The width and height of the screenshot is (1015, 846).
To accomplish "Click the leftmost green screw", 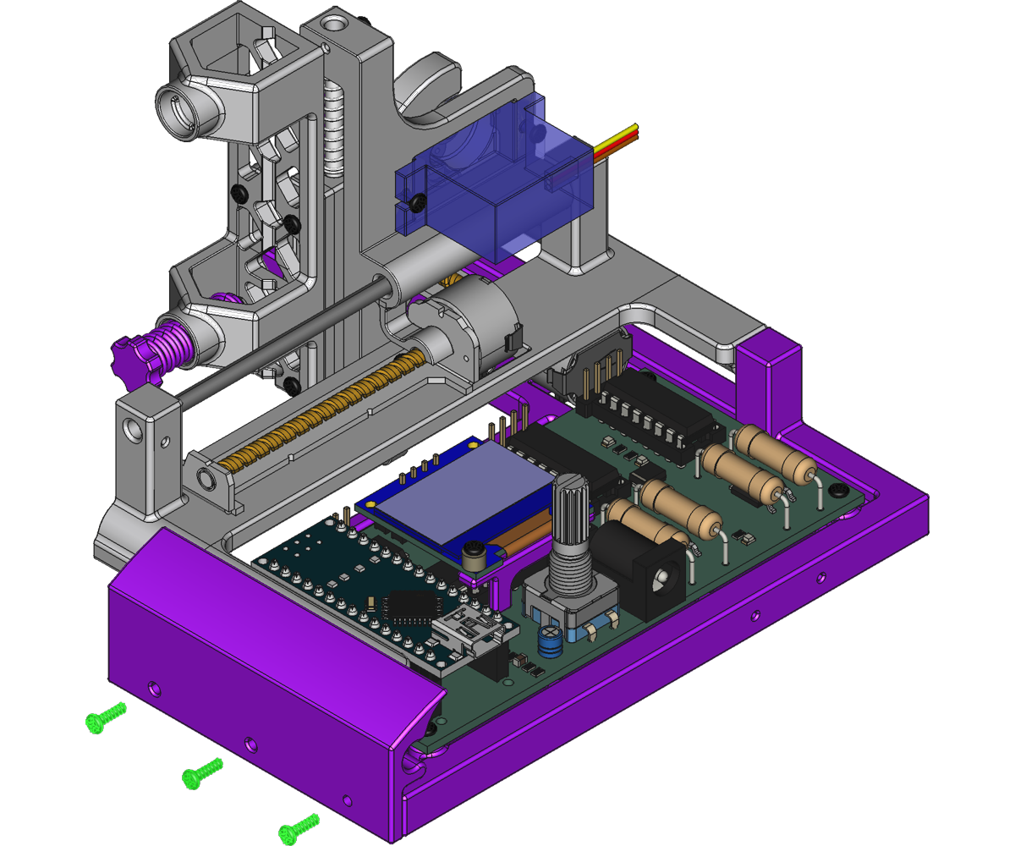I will point(105,718).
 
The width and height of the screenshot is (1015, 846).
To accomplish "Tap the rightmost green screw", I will point(299,827).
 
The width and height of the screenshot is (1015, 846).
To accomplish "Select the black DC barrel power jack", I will point(647,571).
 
